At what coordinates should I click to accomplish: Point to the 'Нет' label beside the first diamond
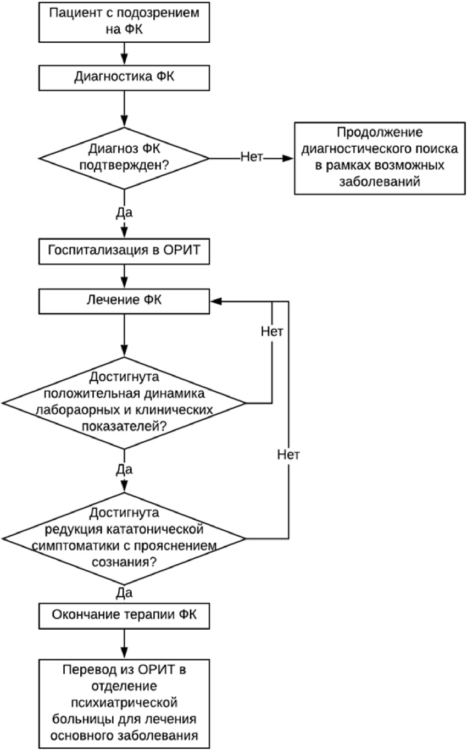click(x=252, y=157)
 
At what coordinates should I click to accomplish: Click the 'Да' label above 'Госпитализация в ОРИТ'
click(x=124, y=213)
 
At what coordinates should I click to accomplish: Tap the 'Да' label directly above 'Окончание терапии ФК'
click(x=124, y=593)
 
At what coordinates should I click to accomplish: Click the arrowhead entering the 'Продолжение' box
click(x=288, y=158)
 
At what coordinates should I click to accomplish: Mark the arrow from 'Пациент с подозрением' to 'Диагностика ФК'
click(x=124, y=54)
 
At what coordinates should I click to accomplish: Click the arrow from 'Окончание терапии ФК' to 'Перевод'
click(x=124, y=644)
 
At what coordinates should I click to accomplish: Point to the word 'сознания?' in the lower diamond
click(x=124, y=562)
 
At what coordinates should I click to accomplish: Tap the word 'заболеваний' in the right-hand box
click(x=380, y=181)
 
